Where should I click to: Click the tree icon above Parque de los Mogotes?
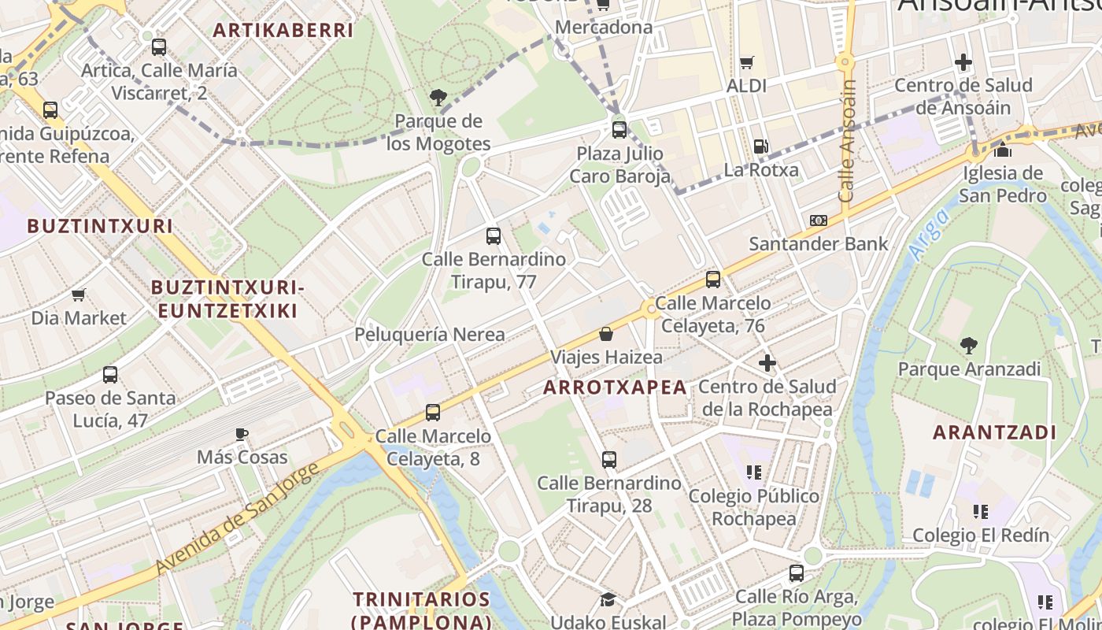point(438,98)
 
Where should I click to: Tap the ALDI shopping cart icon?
point(746,62)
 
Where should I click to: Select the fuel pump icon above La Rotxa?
point(760,146)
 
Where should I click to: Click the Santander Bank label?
point(819,243)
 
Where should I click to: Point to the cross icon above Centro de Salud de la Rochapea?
point(767,363)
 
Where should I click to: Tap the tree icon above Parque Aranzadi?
point(969,345)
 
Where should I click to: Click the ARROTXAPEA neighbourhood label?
point(615,387)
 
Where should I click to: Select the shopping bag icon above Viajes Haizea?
point(606,334)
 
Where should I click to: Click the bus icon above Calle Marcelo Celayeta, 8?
point(433,412)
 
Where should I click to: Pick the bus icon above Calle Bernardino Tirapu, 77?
point(494,235)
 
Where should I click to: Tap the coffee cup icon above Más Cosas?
point(242,434)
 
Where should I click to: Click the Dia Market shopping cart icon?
point(79,295)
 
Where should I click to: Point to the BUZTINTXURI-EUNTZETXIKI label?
point(228,299)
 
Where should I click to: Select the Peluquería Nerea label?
point(430,334)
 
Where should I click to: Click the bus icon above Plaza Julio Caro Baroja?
point(619,129)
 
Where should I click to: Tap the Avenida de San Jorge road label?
point(236,517)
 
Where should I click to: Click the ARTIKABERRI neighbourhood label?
point(283,31)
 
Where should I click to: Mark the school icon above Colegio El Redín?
point(981,512)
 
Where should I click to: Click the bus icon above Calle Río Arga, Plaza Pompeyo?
point(797,573)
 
